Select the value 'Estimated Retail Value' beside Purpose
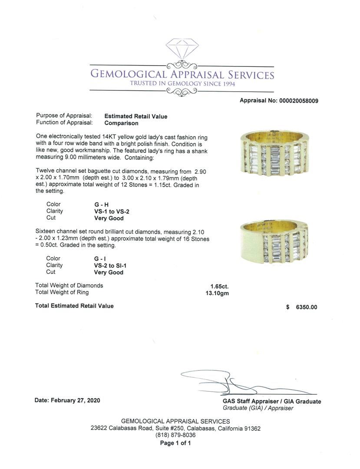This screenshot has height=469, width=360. coord(135,116)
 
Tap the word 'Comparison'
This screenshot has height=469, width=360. coord(121,123)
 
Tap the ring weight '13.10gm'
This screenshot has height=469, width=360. coord(217,293)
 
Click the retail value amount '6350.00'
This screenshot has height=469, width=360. coord(306,307)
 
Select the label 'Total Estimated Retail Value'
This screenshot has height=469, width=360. coord(74,306)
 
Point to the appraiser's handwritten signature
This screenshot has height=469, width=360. coord(234,383)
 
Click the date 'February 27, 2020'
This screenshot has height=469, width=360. coord(75,400)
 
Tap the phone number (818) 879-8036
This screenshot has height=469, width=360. coord(175,435)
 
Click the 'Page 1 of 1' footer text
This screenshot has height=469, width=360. coord(175,443)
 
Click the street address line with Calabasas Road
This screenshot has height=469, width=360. coord(175,428)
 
